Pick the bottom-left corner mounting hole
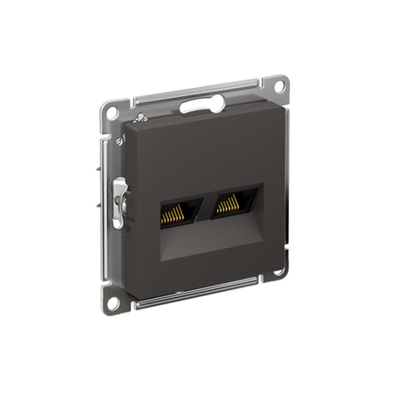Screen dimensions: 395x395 point(112,302)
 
